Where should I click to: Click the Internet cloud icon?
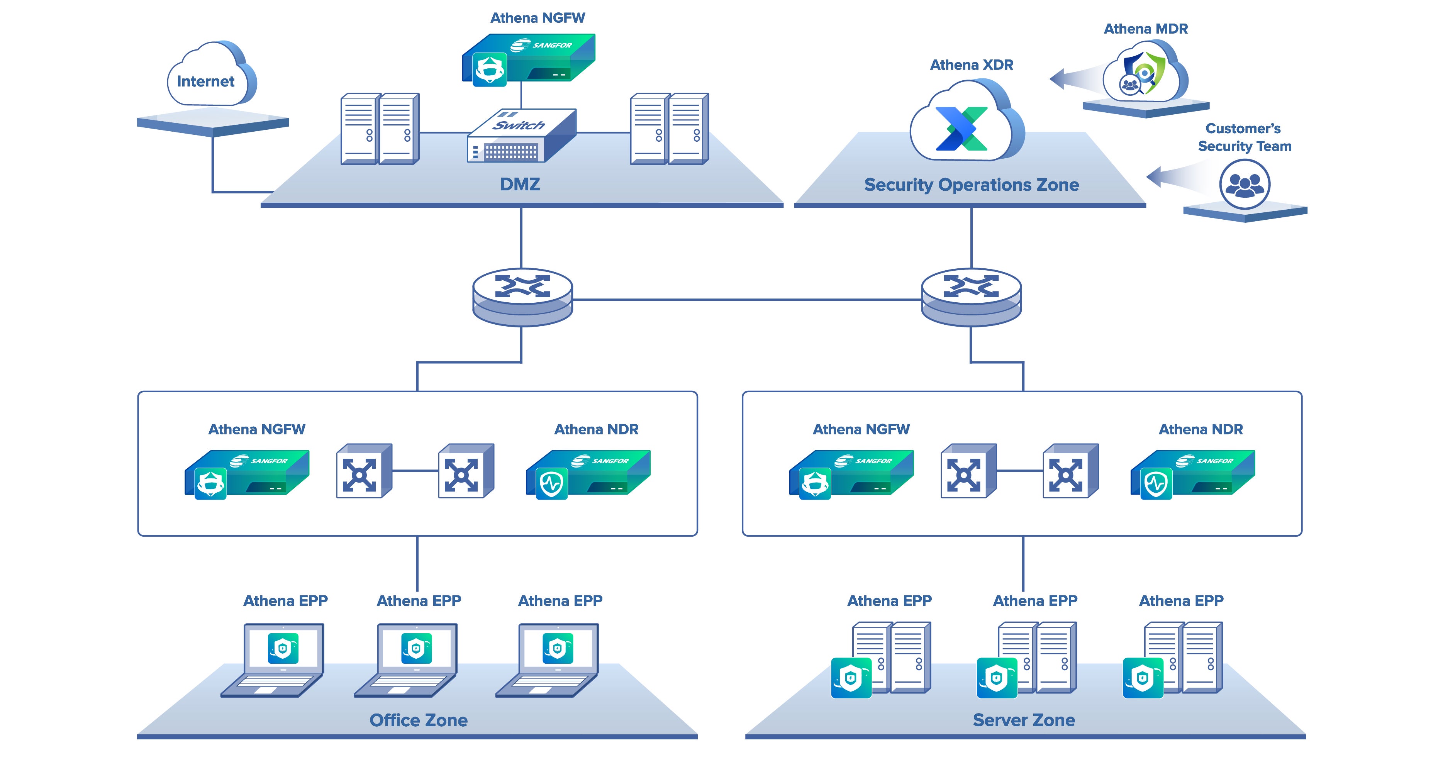point(210,76)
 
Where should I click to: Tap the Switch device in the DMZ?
point(521,136)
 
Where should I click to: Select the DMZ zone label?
point(520,184)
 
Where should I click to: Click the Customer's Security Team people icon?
point(1244,184)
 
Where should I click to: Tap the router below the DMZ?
point(522,297)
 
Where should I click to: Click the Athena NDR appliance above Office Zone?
point(588,474)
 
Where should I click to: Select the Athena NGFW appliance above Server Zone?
point(851,474)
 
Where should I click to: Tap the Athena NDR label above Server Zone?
point(1201,429)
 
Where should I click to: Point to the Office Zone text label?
point(419,720)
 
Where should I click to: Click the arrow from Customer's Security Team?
point(1176,176)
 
